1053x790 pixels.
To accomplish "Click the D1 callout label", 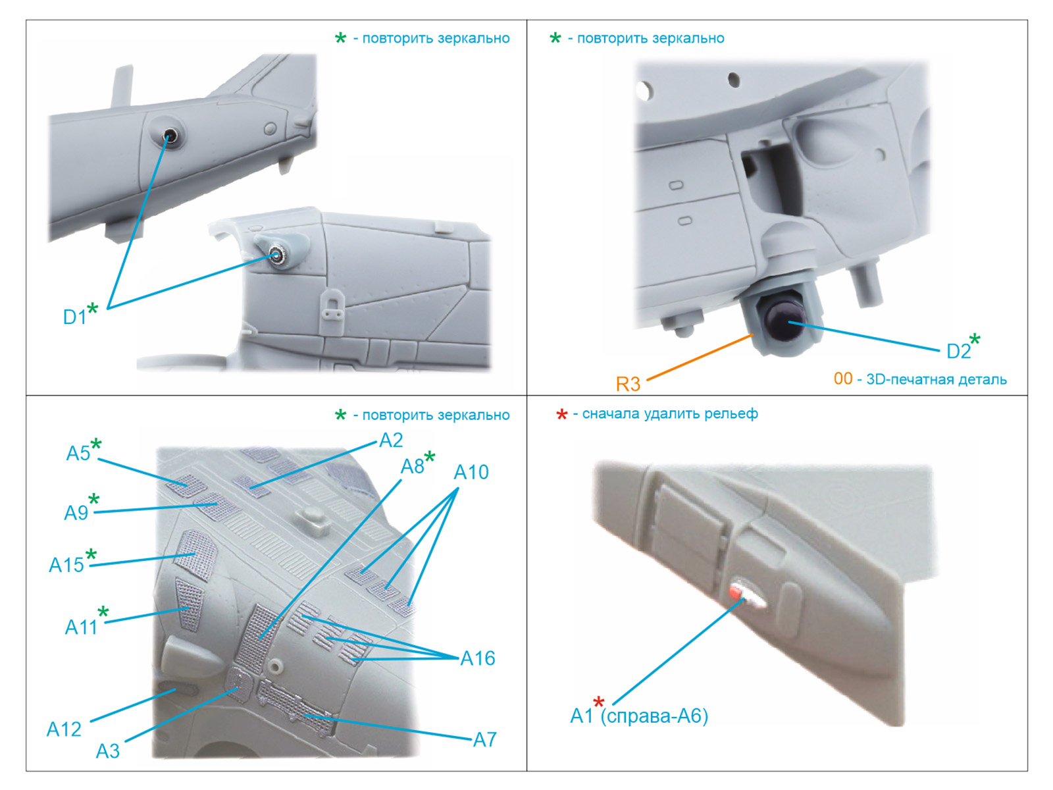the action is click(75, 317).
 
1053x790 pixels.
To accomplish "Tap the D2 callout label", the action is click(958, 352).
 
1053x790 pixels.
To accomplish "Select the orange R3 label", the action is click(628, 384).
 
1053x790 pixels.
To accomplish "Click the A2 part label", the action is click(391, 440).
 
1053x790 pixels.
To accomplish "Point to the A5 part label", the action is click(78, 454).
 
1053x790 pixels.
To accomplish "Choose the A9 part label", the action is click(76, 513).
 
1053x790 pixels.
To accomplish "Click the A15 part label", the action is click(66, 565).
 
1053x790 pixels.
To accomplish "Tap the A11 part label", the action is click(81, 627).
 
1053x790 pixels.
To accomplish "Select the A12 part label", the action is click(64, 729).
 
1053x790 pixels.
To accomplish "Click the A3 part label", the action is click(107, 751).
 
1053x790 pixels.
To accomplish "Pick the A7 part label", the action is click(484, 740).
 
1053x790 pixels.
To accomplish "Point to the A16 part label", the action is click(477, 658).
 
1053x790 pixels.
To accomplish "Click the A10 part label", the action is click(471, 473).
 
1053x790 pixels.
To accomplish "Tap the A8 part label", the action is click(413, 466).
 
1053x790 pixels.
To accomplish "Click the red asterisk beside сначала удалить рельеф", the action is click(562, 415).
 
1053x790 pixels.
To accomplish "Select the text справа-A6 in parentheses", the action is click(654, 716).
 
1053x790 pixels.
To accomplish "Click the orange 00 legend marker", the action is click(843, 379).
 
